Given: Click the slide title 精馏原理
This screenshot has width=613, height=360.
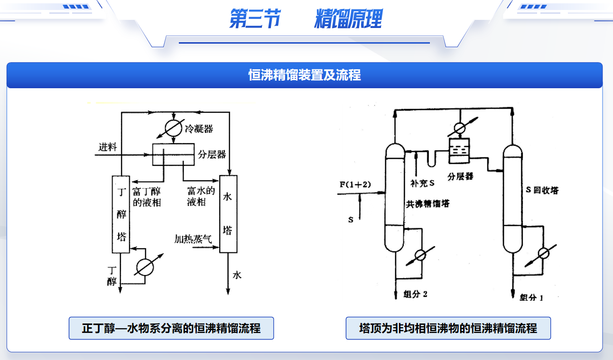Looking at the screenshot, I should click(x=348, y=20).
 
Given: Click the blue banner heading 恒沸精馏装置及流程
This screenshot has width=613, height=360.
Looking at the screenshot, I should click(x=305, y=75).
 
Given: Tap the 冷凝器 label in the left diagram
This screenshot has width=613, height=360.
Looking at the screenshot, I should click(x=199, y=128).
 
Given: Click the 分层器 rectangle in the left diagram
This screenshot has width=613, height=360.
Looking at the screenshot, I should click(x=173, y=154).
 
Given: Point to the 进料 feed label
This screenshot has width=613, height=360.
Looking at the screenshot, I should click(x=108, y=147).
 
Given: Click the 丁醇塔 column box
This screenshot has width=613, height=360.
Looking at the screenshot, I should click(x=121, y=214).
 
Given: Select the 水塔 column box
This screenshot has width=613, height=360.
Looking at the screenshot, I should click(x=228, y=214).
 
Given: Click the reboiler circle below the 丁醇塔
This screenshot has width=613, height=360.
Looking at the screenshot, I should click(x=144, y=268).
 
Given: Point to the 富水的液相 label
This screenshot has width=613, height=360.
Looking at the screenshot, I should click(x=201, y=196).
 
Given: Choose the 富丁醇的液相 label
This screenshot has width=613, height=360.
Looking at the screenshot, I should click(x=147, y=196).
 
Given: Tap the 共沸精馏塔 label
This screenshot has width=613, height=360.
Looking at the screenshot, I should click(x=427, y=204).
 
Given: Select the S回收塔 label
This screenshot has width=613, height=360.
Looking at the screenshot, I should click(x=542, y=190).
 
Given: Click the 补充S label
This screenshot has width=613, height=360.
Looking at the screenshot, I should click(x=422, y=181).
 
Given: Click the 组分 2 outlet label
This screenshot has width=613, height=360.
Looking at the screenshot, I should click(x=416, y=294).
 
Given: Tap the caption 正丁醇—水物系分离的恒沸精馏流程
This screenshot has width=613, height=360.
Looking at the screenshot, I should click(x=171, y=328).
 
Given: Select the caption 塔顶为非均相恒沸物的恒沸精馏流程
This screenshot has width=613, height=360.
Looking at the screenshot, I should click(x=448, y=328).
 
